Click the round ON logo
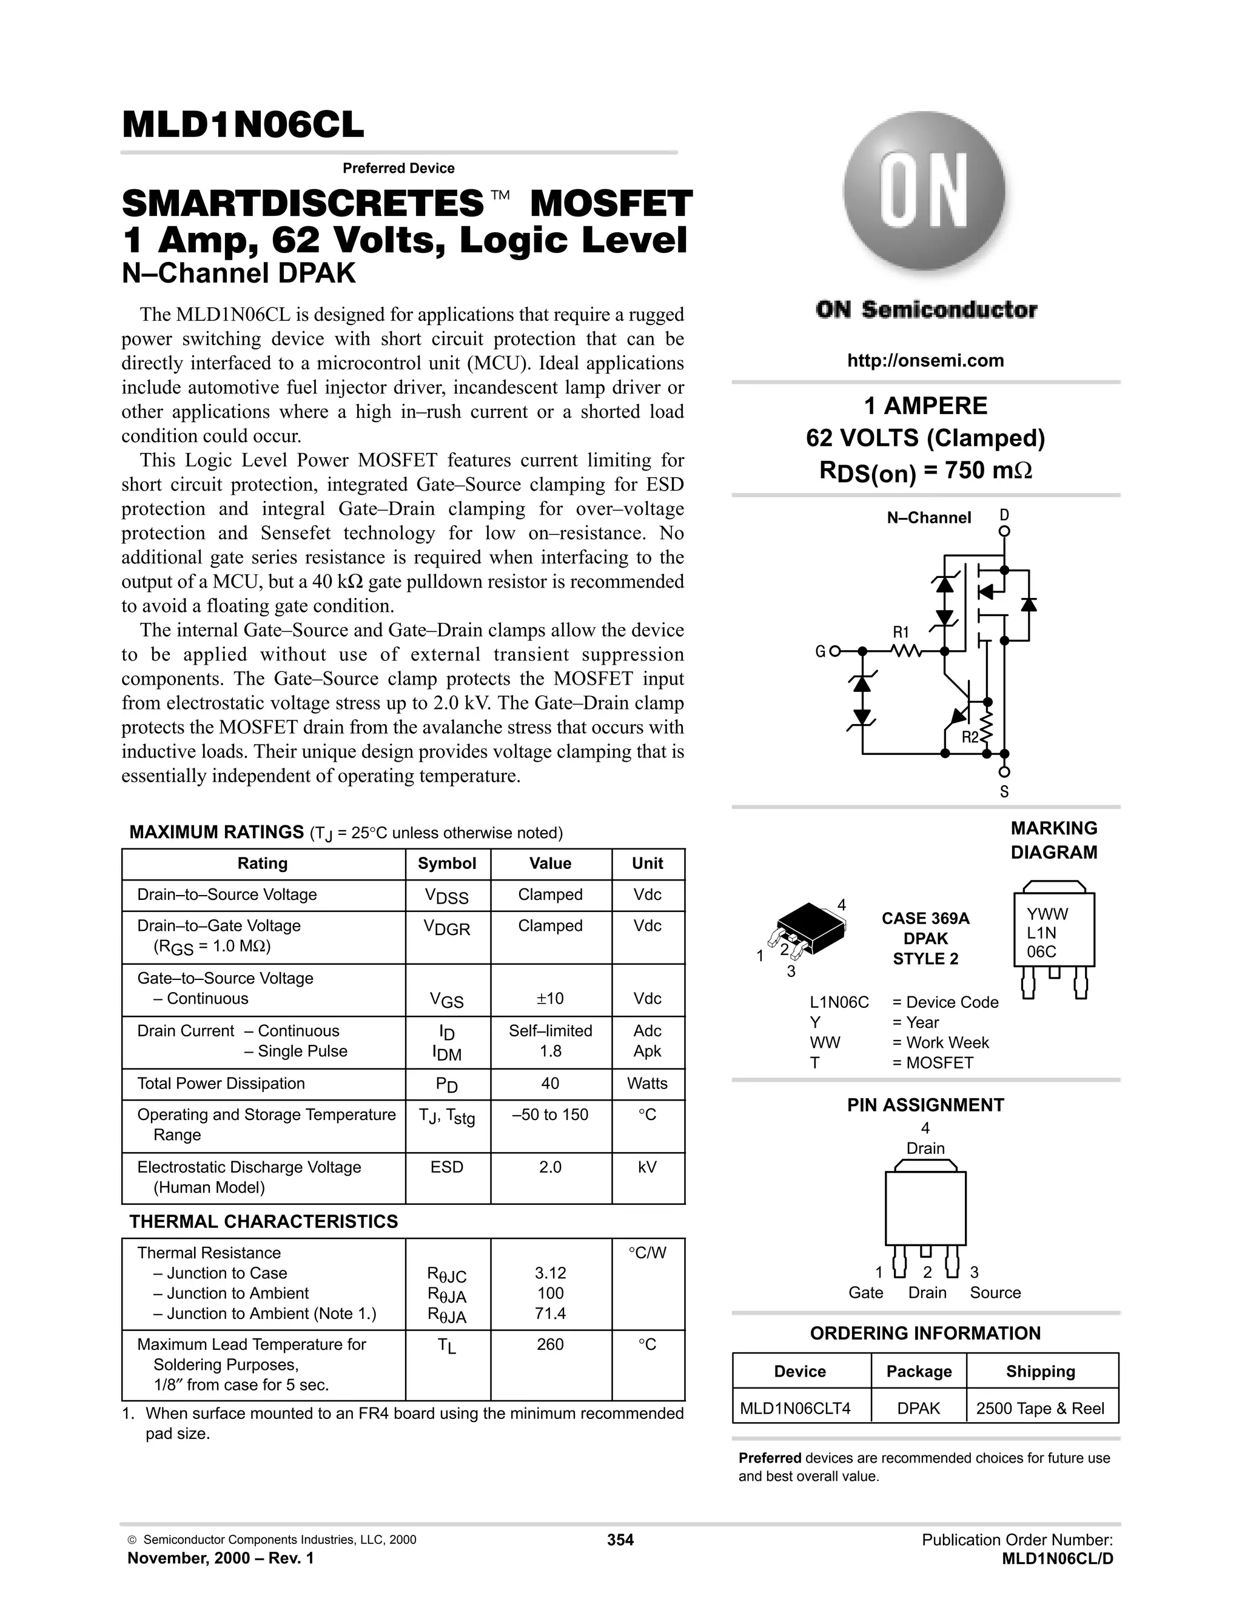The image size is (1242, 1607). (924, 193)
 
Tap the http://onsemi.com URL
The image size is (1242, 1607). (925, 361)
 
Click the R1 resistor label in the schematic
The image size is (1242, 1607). (901, 632)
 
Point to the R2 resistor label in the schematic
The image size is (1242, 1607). (970, 737)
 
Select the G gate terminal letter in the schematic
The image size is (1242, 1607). (820, 651)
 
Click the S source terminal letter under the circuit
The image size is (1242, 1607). (1004, 793)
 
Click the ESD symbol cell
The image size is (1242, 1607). (446, 1167)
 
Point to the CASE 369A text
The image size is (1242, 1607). (925, 918)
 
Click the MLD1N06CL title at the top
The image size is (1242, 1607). (243, 124)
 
